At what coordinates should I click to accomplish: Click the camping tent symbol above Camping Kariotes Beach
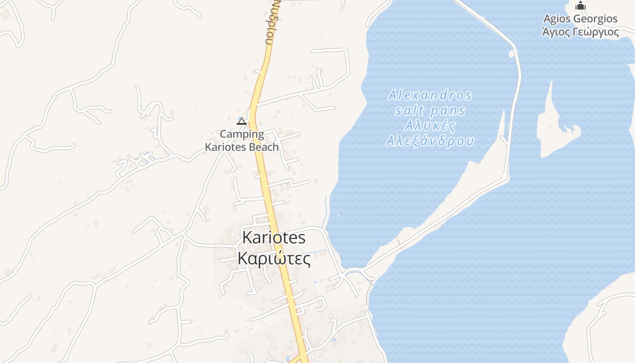242,121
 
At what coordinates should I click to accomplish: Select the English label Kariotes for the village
274,237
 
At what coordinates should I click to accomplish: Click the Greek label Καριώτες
274,259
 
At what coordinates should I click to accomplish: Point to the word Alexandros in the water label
430,95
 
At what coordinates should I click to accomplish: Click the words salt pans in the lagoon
430,110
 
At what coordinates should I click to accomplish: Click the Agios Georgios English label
581,19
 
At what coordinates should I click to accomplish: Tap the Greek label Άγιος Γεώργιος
581,32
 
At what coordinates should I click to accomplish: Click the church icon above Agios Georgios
581,6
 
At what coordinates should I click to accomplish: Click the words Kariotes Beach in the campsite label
242,147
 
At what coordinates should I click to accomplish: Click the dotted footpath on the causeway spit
399,242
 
